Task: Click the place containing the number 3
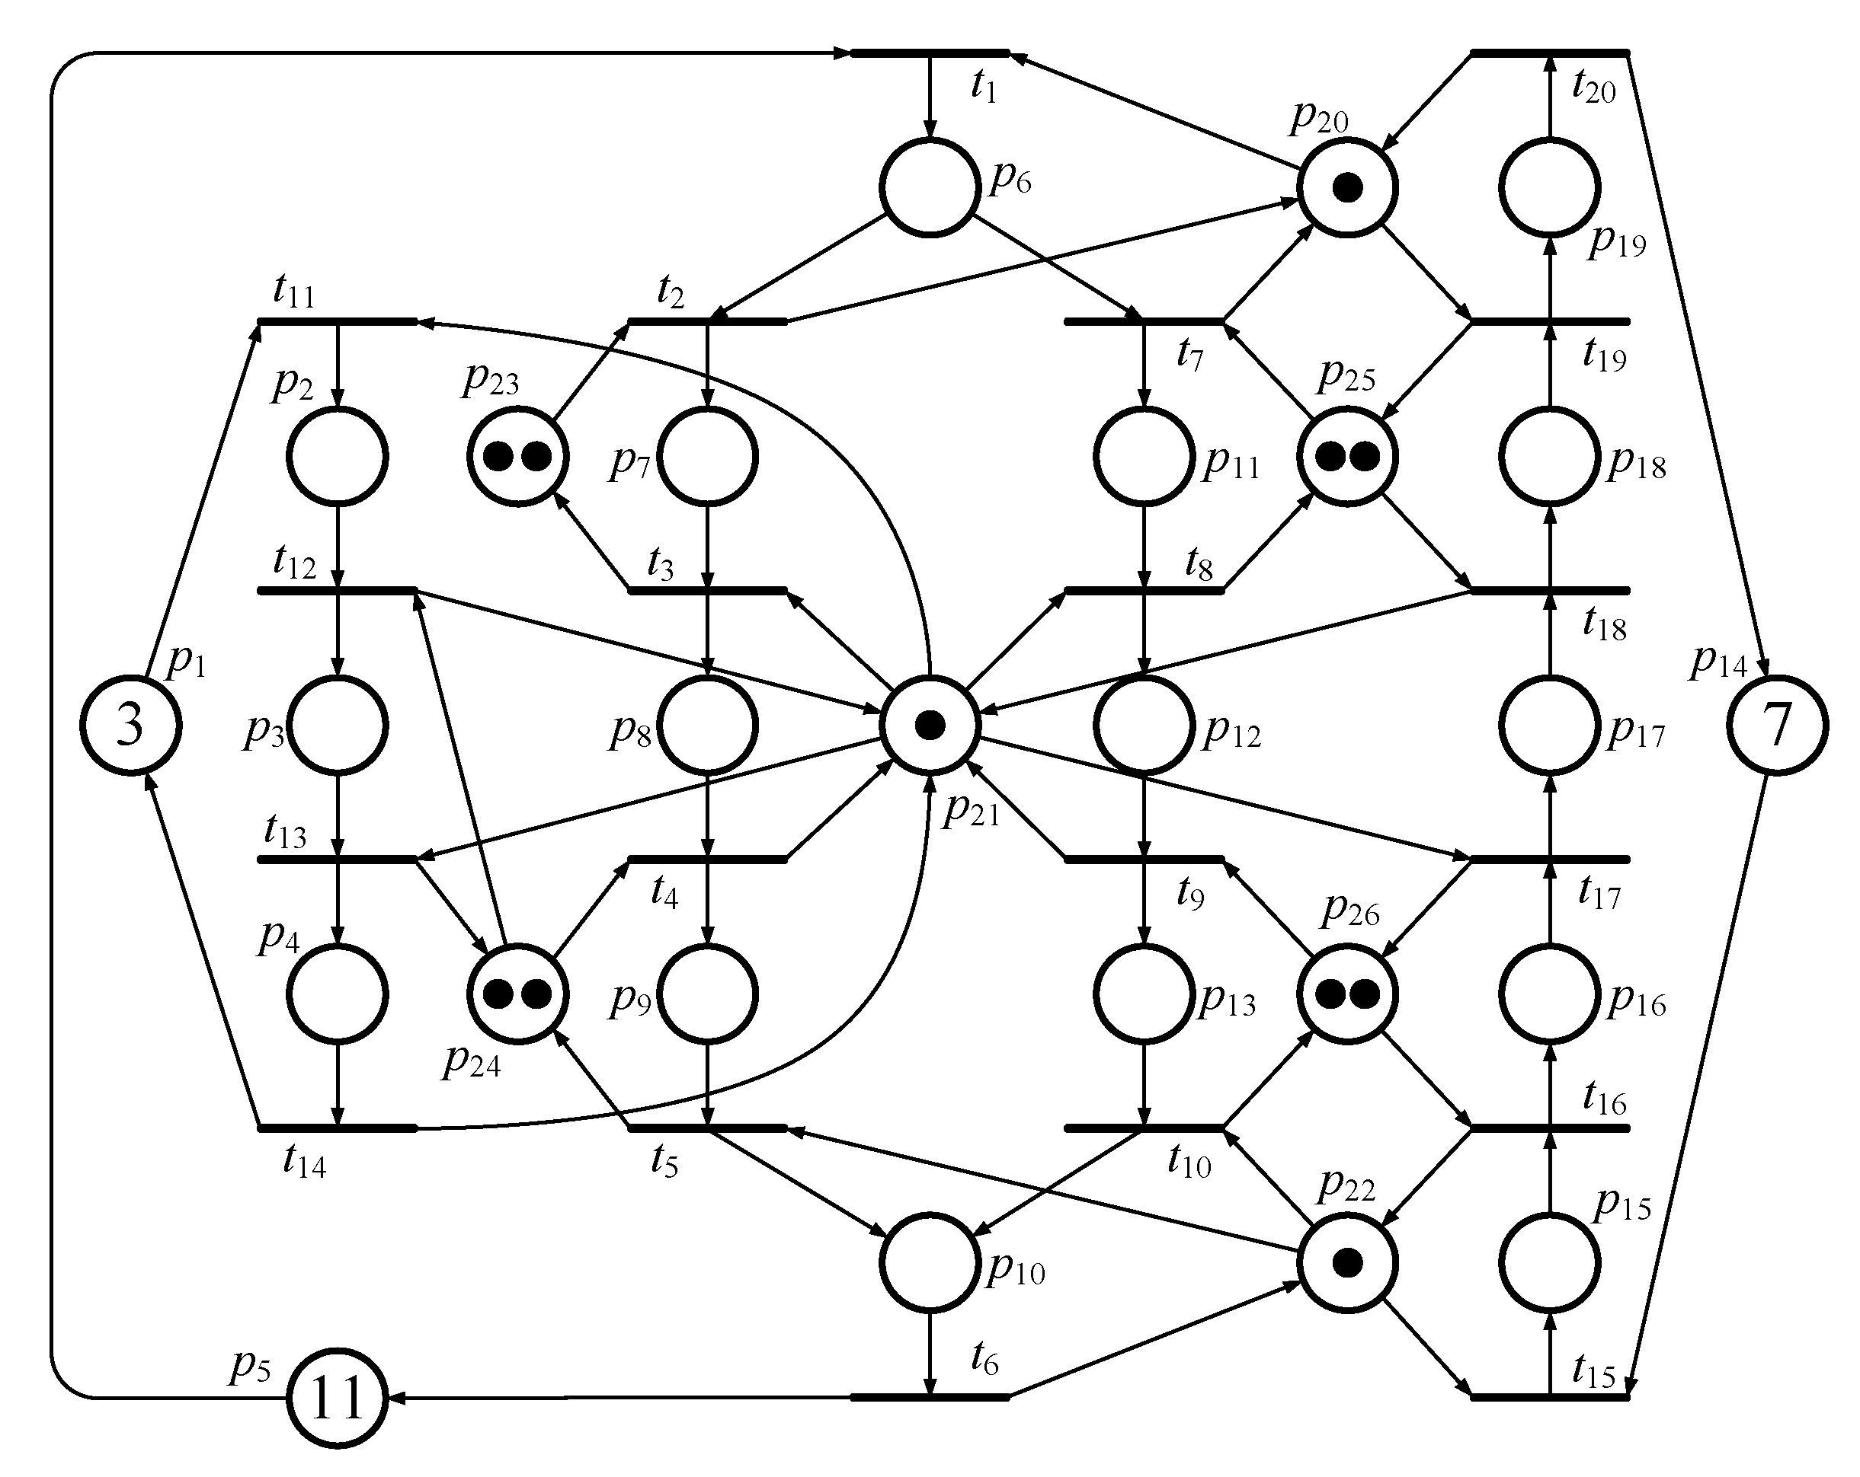(131, 725)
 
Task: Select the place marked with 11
(337, 1399)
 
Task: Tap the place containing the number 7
(1777, 725)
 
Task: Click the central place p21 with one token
(930, 725)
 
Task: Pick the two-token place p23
(517, 456)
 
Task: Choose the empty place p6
(930, 187)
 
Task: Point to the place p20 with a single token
(1346, 187)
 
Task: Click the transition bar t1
(930, 53)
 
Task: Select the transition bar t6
(930, 1398)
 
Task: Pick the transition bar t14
(338, 1128)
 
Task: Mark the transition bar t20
(1551, 53)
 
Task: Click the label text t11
(294, 293)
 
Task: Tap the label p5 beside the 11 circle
(250, 1367)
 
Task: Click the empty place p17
(1551, 725)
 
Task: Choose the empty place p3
(338, 725)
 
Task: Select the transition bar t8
(1144, 591)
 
